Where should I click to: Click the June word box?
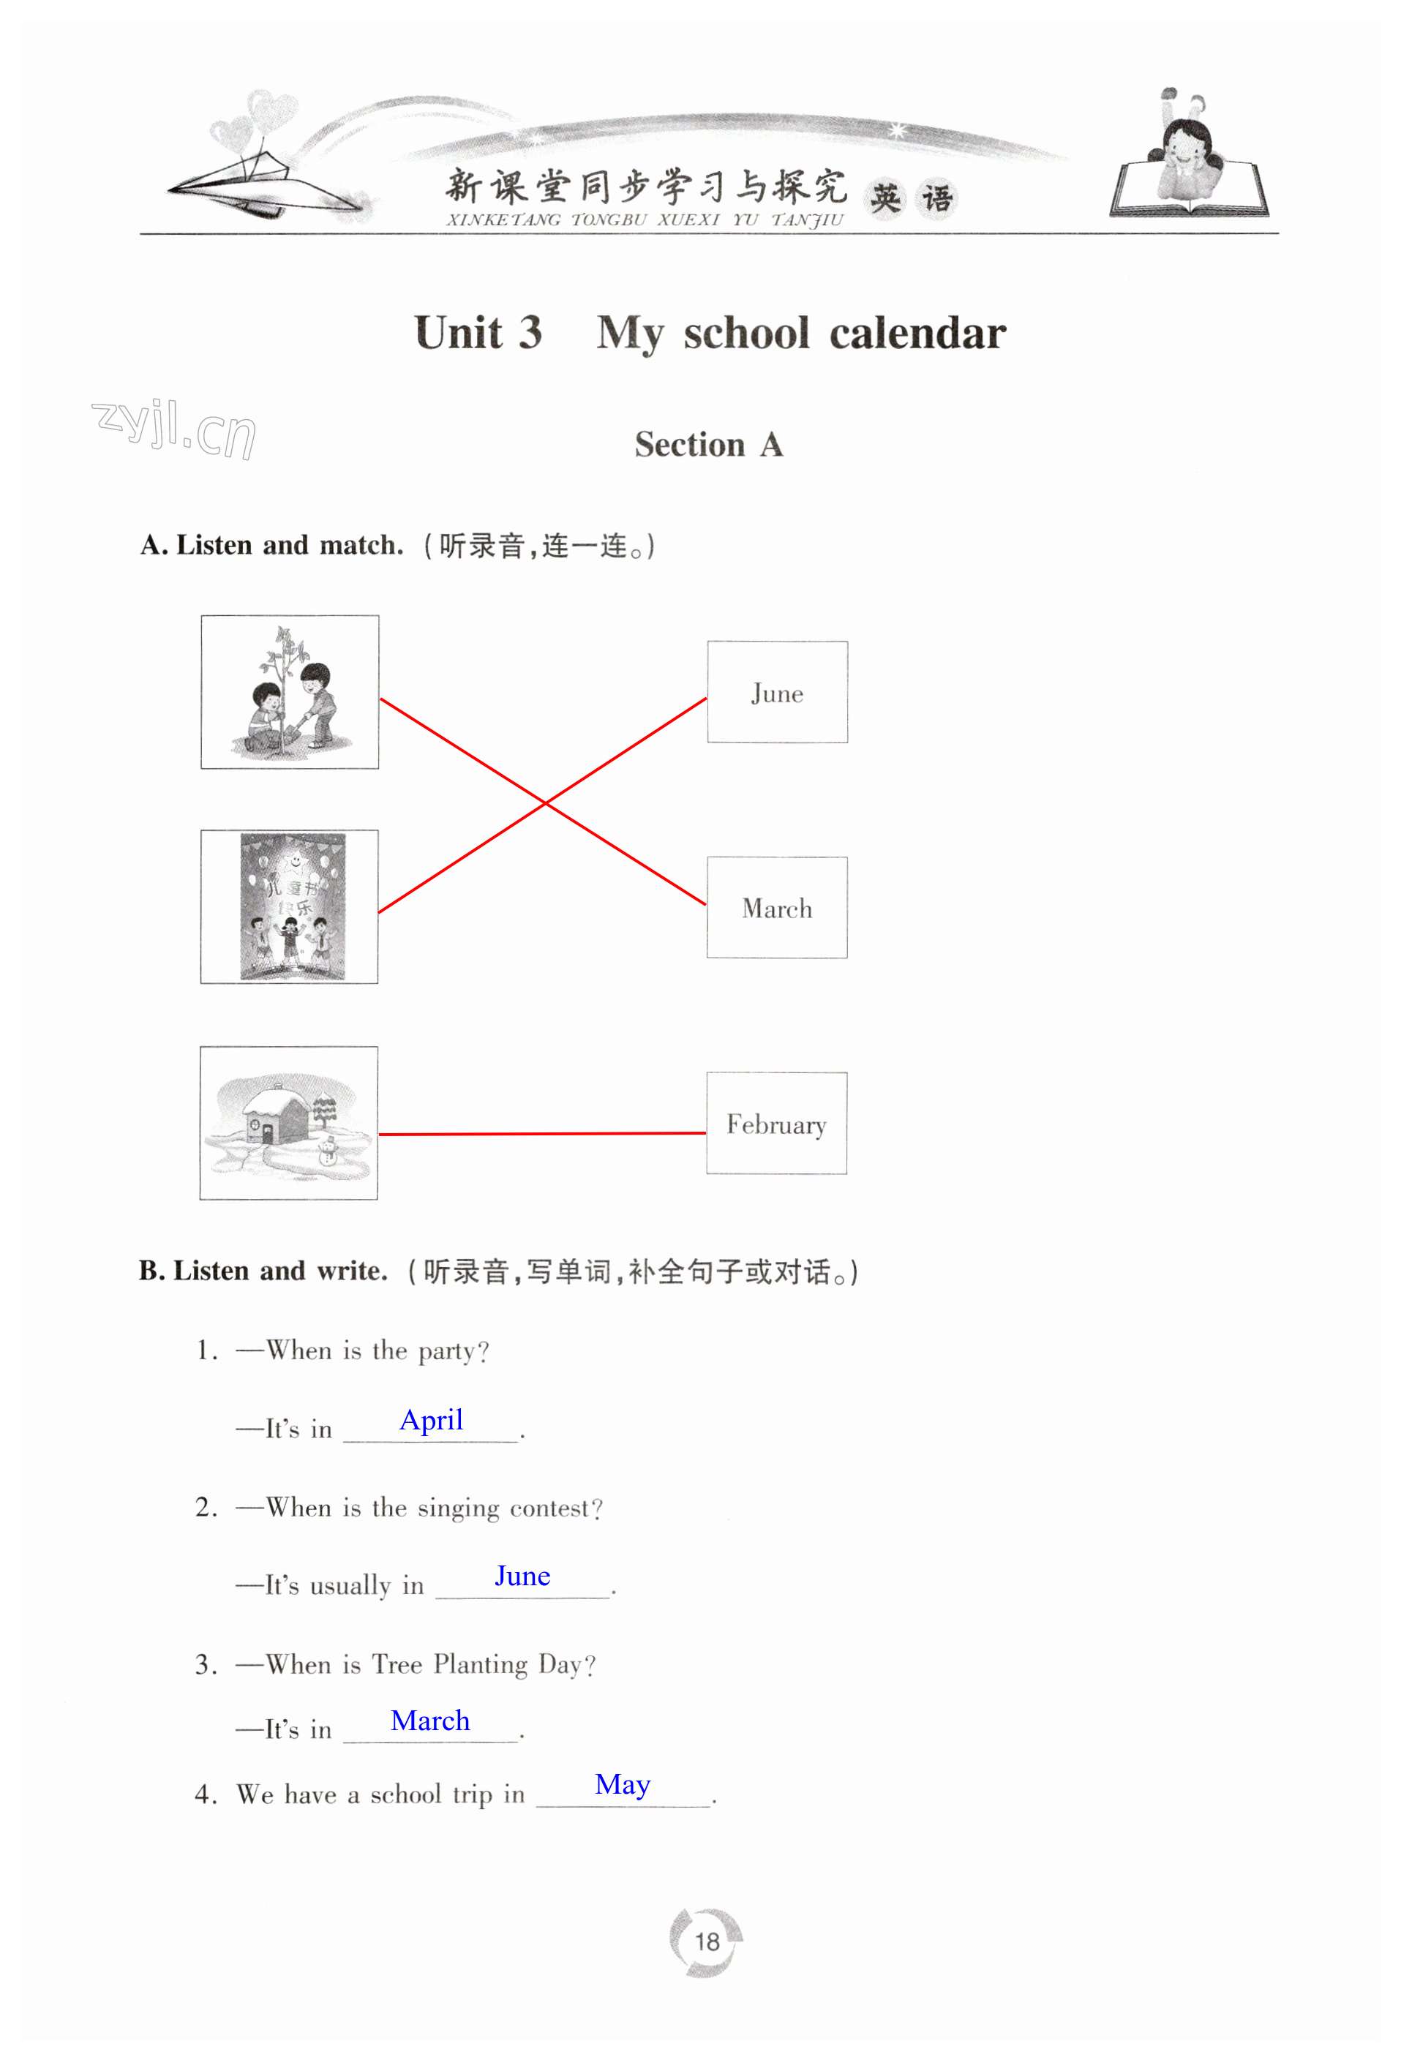777,691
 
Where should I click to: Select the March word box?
777,907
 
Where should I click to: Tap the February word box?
777,1123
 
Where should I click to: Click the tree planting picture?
290,691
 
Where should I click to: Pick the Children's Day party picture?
289,907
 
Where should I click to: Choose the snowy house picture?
289,1123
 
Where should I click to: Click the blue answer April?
431,1420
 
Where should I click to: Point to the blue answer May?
623,1785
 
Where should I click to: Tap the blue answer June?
522,1575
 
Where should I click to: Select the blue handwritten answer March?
430,1720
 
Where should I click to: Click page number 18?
707,1941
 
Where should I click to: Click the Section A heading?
708,444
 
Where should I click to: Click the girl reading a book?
1189,159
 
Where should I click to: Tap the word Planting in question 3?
481,1666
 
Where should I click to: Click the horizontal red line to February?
543,1134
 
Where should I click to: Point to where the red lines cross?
545,803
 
